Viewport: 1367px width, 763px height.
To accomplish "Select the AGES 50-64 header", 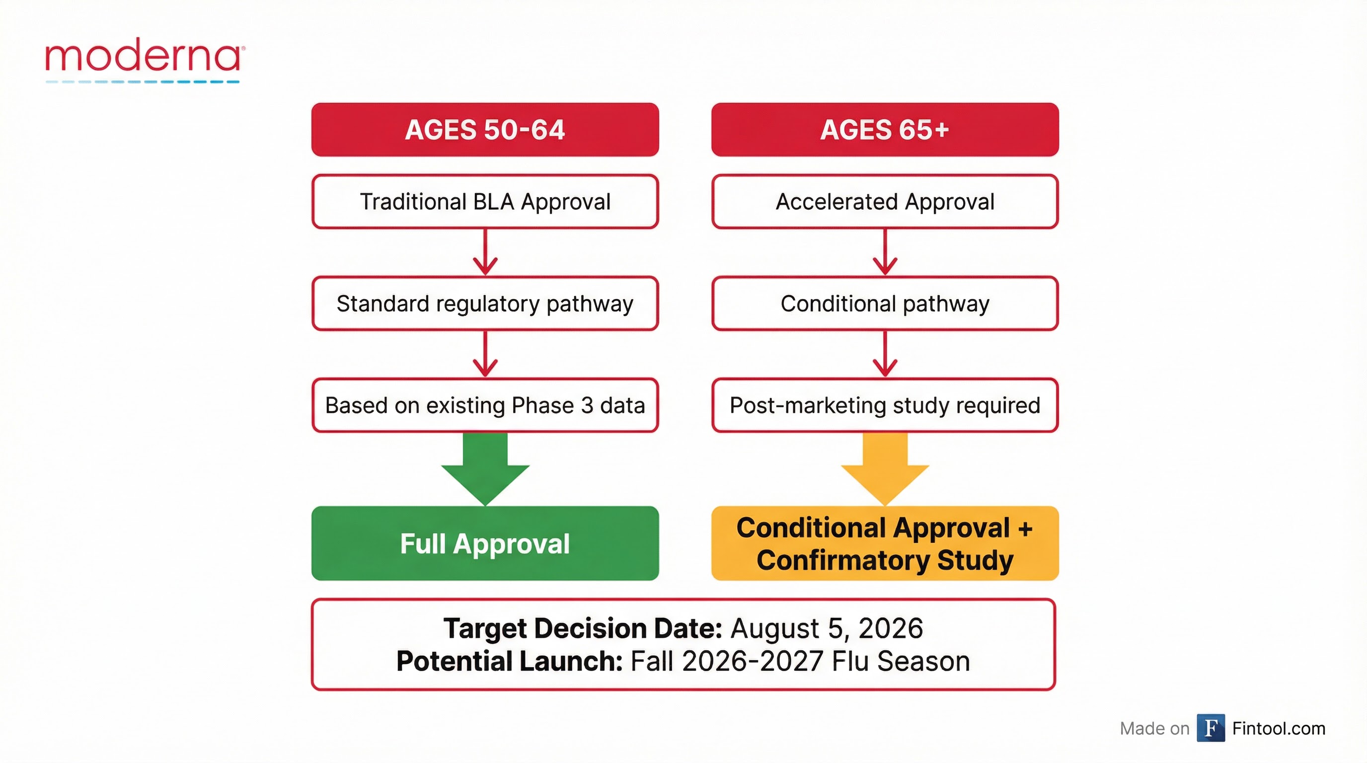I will point(485,130).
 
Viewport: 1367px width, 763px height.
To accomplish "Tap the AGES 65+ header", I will point(885,130).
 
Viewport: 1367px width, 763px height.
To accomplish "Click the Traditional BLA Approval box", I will point(485,202).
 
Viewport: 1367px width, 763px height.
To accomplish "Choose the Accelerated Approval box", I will point(885,202).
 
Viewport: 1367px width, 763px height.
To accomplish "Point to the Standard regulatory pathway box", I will point(485,304).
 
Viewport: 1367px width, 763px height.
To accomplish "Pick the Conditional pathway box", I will point(885,304).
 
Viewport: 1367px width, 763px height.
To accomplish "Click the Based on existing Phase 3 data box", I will point(485,405).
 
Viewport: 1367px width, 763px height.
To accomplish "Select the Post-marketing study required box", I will point(885,405).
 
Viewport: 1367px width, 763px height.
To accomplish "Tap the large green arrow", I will point(485,469).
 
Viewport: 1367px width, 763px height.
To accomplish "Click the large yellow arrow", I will point(885,469).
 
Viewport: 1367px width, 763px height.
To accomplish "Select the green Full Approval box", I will point(485,543).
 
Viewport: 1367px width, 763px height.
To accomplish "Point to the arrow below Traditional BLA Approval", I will point(485,252).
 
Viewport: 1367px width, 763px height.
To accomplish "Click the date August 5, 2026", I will point(826,629).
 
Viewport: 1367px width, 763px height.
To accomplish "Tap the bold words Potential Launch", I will point(509,662).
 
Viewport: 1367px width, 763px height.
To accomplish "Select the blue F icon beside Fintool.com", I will point(1211,728).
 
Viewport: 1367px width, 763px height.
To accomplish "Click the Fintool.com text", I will point(1279,729).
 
